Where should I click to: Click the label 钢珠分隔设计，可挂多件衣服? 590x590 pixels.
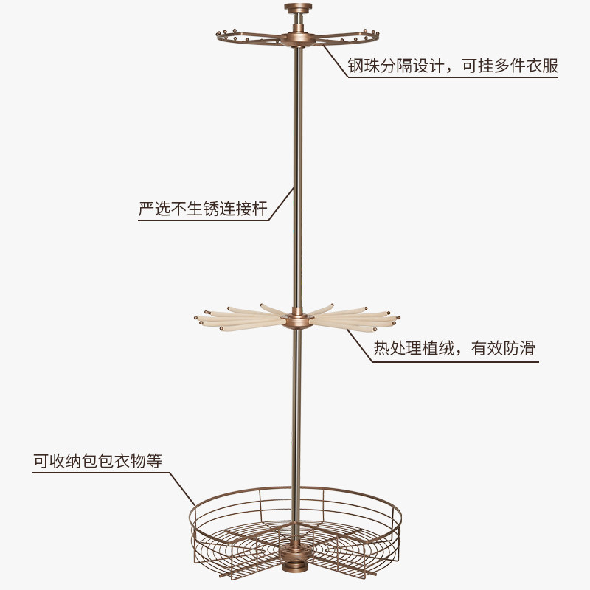pyautogui.click(x=453, y=66)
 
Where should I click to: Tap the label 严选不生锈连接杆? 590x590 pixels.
pyautogui.click(x=203, y=209)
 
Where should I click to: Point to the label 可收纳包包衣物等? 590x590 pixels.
pyautogui.click(x=97, y=461)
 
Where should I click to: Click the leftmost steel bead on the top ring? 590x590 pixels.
pyautogui.click(x=219, y=35)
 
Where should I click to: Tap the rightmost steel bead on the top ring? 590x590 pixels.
pyautogui.click(x=378, y=34)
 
